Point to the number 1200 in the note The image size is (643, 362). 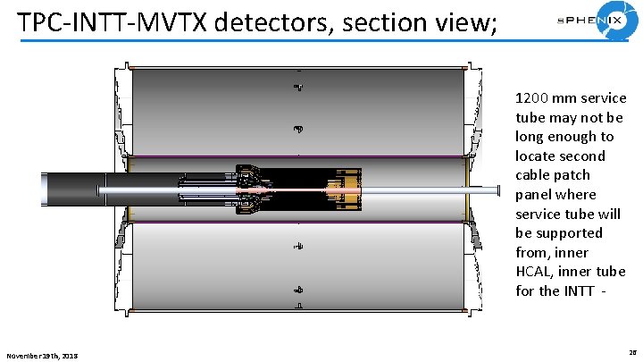[x=534, y=97]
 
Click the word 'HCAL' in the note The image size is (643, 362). [x=536, y=272]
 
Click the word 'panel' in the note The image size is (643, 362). [x=535, y=194]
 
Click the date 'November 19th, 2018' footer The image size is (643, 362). [x=42, y=356]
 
